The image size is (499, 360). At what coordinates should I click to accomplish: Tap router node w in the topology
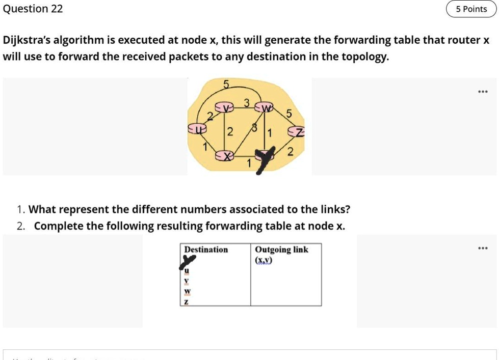point(265,107)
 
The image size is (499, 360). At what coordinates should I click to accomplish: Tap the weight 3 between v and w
point(246,103)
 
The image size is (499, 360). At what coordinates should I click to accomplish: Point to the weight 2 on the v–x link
point(230,132)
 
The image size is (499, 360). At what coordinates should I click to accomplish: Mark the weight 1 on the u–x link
point(205,147)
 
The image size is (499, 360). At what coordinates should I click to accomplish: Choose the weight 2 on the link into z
point(290,151)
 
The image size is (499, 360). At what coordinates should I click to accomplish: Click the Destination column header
point(206,250)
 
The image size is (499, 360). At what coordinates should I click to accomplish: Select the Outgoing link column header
point(281,250)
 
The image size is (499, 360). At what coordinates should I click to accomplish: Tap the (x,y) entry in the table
point(264,260)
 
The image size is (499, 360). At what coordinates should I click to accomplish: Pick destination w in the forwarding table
point(187,291)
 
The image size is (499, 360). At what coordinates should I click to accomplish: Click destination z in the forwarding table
point(186,301)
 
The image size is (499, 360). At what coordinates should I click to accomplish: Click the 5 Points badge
point(471,9)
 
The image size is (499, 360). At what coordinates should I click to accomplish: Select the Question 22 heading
point(33,9)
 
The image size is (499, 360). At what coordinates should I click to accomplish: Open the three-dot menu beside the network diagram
point(482,92)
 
